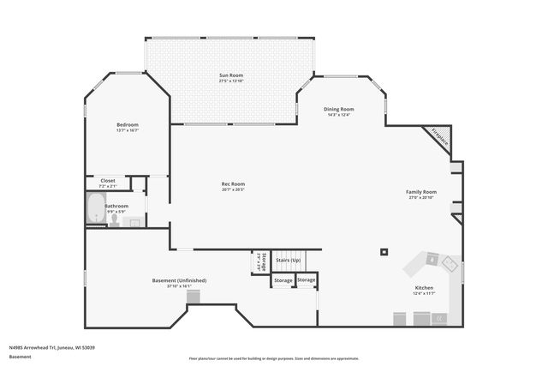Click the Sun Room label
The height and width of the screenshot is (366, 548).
pos(231,75)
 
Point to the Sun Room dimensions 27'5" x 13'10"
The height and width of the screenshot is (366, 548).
pos(231,81)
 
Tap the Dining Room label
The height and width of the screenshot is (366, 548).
pos(340,109)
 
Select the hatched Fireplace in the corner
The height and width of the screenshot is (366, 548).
pos(439,137)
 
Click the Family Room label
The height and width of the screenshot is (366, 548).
pos(421,192)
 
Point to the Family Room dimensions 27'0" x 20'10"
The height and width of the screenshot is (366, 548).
pos(421,198)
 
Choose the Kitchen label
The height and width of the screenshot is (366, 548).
pos(424,288)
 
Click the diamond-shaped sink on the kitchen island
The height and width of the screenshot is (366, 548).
pos(433,260)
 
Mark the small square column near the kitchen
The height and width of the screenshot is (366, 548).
pos(383,252)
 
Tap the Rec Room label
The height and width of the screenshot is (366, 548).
pos(233,184)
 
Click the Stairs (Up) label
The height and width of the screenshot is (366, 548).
pos(289,260)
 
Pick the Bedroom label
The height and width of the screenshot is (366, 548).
pos(128,124)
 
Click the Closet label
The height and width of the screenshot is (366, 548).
pos(108,180)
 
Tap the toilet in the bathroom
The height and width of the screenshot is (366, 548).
pos(114,219)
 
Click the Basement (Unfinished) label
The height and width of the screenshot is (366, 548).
pos(179,280)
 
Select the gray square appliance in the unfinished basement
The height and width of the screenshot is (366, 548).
pos(194,297)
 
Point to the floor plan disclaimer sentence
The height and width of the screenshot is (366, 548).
pos(273,358)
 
